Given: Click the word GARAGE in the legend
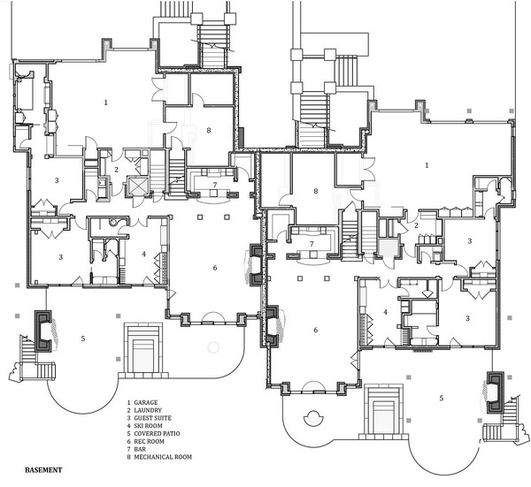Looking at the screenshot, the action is point(146,402).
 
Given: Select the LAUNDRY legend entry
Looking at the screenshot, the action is point(148,410).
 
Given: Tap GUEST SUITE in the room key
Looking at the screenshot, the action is point(153,418).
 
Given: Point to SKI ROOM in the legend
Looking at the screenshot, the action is point(149,426).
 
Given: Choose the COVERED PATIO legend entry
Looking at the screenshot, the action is point(158,434).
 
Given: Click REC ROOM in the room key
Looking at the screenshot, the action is point(149,441).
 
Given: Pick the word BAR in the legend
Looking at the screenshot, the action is point(140,449).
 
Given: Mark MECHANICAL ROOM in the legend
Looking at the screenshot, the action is point(163,457).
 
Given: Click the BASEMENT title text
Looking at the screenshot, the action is point(43,470).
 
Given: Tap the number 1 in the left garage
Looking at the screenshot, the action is point(106,103).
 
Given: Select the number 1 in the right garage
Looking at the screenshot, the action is point(427,165).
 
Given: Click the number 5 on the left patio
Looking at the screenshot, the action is point(83,339).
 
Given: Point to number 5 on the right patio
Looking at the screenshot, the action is point(442,398).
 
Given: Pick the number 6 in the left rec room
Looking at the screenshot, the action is point(215,268).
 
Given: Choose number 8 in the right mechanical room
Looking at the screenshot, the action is point(316,192).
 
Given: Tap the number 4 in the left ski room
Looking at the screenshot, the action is point(144,254).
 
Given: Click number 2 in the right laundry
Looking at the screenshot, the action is point(417,225).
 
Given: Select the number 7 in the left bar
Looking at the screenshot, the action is point(215,185).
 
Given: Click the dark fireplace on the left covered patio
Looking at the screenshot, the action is point(43,331).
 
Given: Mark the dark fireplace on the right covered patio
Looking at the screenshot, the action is point(495,392).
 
